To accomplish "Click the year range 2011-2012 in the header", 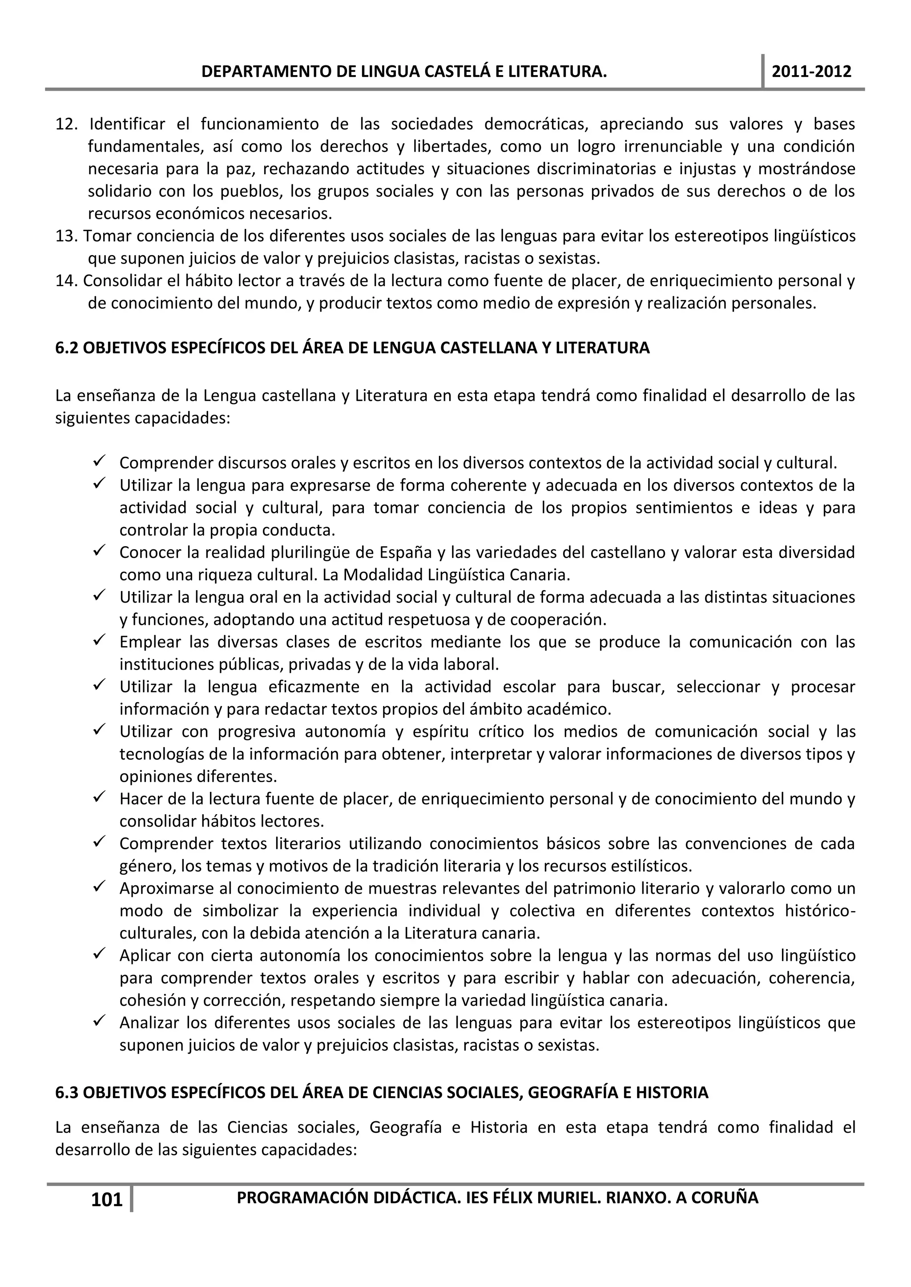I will tap(812, 72).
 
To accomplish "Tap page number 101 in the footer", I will tap(107, 1200).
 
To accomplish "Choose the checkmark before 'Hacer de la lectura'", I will tap(101, 798).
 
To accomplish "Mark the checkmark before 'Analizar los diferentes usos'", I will tap(101, 1023).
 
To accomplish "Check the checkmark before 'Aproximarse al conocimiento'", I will tap(101, 888).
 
